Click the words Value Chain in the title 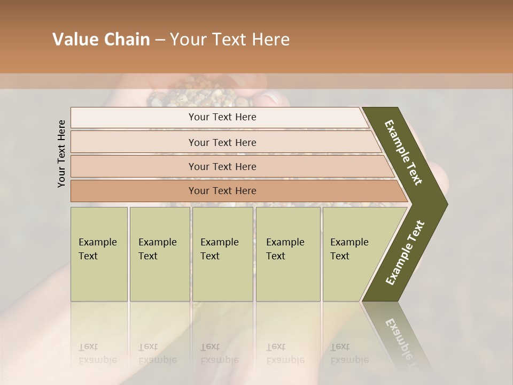(101, 40)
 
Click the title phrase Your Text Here (230, 40)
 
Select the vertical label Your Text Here (61, 153)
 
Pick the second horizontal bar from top (222, 142)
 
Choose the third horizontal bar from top (222, 166)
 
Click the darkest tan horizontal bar (222, 191)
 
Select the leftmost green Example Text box (99, 253)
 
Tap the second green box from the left (159, 253)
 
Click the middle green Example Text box (222, 253)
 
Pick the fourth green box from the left (288, 253)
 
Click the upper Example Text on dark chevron (403, 152)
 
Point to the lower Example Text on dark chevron (405, 252)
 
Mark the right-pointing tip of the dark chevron (446, 204)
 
